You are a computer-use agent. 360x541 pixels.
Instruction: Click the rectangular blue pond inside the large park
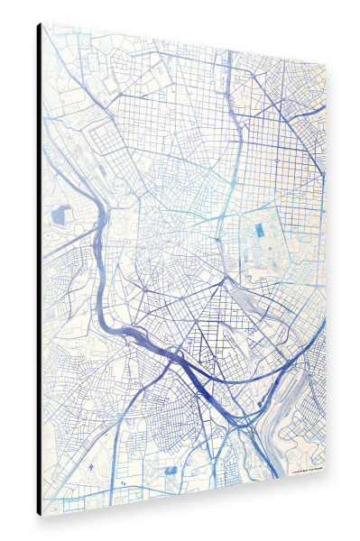[x=261, y=230]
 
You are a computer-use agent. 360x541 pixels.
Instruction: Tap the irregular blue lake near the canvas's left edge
[x=60, y=215]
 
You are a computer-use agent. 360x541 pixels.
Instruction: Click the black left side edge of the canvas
[x=39, y=270]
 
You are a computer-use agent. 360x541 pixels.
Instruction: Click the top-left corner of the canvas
[x=42, y=23]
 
